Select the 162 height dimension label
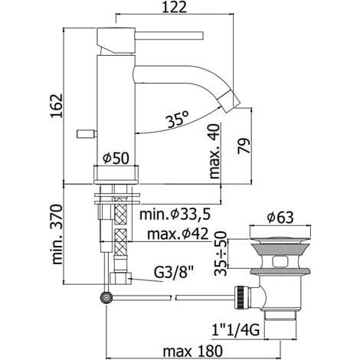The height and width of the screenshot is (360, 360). pos(56,106)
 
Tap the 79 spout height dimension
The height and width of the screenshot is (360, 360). pos(244,146)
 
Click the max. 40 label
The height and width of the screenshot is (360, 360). pos(214,151)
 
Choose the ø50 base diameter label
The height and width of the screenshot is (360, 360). pos(116,159)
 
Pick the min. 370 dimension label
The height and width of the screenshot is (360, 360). pos(57,234)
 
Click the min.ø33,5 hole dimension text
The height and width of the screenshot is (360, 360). pos(175,214)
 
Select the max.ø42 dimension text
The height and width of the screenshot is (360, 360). pos(178,234)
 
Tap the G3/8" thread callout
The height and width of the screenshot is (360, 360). pos(173,273)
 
